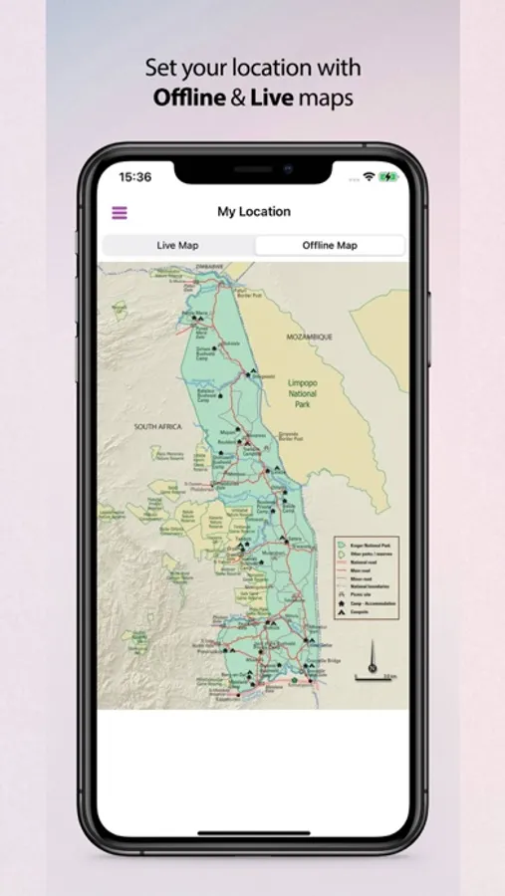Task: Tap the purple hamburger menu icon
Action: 120,212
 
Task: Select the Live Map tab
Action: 178,245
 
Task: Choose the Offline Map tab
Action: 330,245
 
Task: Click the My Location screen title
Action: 254,211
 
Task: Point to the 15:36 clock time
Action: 135,177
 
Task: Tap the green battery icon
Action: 387,177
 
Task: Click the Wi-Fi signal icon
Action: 369,177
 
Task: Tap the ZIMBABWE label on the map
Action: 209,267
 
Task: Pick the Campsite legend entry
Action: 363,611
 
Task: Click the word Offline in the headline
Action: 189,98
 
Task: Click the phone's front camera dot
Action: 287,169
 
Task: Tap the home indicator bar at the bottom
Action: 253,833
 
